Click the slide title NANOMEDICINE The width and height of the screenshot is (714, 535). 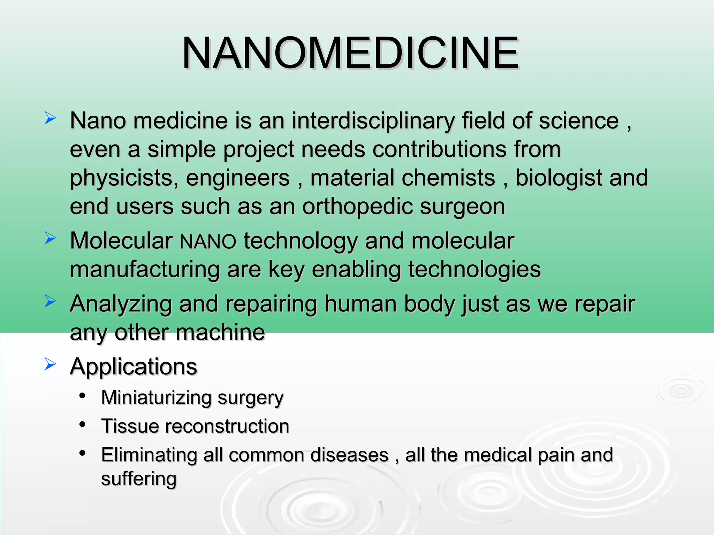350,53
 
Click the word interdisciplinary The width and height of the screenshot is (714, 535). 373,121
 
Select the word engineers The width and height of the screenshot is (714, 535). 238,178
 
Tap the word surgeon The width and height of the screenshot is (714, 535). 462,207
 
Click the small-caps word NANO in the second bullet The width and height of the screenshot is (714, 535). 208,241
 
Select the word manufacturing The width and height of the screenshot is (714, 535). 145,270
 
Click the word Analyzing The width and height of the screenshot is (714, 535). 121,304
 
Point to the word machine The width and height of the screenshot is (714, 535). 220,333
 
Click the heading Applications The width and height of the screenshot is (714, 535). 134,367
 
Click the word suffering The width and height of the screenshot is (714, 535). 139,479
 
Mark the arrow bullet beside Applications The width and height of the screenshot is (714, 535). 50,364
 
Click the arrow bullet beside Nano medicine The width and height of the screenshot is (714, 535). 50,118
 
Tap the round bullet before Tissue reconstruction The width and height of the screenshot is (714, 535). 82,424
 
